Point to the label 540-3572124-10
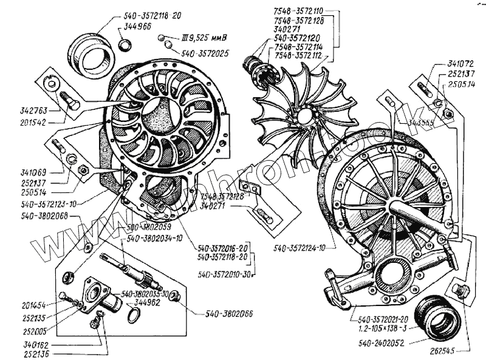point(300,248)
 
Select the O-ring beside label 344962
point(135,314)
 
